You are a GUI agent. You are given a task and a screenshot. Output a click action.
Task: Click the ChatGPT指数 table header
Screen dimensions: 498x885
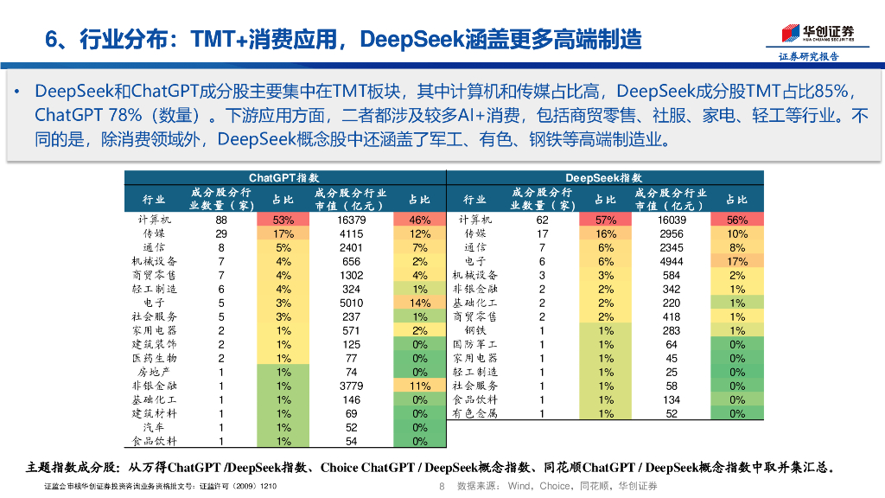pyautogui.click(x=283, y=177)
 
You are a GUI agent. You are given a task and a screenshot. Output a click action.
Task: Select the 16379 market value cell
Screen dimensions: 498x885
pyautogui.click(x=351, y=220)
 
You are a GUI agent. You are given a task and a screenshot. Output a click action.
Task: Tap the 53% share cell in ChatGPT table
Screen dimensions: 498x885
pyautogui.click(x=283, y=220)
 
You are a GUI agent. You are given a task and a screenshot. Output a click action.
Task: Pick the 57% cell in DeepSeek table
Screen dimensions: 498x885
pyautogui.click(x=605, y=220)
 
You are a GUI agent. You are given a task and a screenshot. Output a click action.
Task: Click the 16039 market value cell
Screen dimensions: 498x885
pyautogui.click(x=672, y=220)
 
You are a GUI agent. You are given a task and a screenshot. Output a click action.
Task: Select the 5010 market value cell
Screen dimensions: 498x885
pyautogui.click(x=351, y=303)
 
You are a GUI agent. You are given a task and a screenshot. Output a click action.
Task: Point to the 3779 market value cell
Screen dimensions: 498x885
pyautogui.click(x=351, y=386)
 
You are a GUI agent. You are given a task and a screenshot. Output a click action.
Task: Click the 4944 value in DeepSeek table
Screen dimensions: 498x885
pyautogui.click(x=672, y=261)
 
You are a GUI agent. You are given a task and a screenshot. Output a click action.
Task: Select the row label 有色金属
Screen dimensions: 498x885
pyautogui.click(x=475, y=413)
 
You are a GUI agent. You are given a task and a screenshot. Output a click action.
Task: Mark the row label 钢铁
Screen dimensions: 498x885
pyautogui.click(x=475, y=330)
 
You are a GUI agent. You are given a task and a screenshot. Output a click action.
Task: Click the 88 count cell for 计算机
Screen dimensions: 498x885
pyautogui.click(x=221, y=220)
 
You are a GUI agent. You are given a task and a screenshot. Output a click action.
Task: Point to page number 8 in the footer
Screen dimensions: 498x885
pyautogui.click(x=442, y=486)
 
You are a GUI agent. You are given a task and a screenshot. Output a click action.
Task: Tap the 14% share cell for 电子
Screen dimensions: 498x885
pyautogui.click(x=420, y=303)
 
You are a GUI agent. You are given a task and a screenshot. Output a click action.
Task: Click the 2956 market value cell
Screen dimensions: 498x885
pyautogui.click(x=672, y=233)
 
